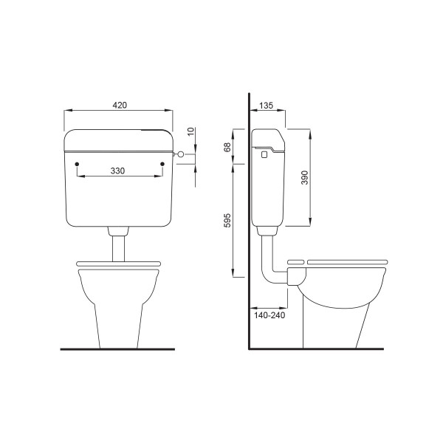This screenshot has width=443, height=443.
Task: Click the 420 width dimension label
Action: (120, 105)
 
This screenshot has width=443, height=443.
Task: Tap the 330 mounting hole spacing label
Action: (117, 171)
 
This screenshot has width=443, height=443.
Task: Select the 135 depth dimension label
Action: (266, 106)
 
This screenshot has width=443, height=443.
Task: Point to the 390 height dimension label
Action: (305, 177)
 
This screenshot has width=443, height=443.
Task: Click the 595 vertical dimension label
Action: (227, 220)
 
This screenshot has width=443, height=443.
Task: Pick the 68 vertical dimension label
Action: (227, 147)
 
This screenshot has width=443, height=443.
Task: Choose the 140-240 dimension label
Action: (269, 315)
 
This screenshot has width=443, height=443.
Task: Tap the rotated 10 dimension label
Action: (191, 131)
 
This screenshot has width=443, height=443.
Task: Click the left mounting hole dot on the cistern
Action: (77, 164)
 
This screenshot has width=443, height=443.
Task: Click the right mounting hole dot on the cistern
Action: (162, 164)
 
